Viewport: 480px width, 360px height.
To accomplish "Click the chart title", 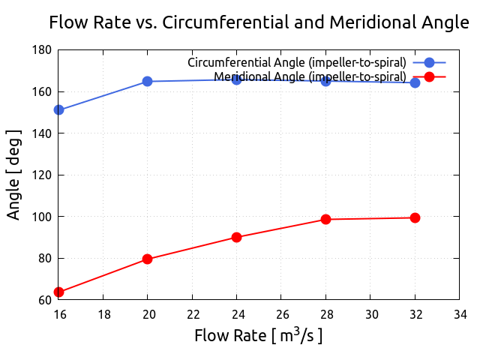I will point(259,22).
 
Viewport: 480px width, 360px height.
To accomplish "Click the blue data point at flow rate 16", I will point(58,110).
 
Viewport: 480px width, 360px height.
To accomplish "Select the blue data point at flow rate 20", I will point(148,81).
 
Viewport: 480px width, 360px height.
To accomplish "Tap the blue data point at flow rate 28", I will point(325,81).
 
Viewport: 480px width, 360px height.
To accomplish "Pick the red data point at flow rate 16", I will point(58,292).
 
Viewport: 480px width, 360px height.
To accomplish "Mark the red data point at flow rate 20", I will point(148,259).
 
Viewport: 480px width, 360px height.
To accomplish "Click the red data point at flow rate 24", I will point(236,237).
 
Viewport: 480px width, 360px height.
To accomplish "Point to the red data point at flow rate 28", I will point(325,219).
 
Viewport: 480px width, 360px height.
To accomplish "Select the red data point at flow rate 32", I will point(415,217).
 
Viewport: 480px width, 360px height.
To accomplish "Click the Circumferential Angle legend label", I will point(297,61).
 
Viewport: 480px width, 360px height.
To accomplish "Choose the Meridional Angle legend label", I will point(310,76).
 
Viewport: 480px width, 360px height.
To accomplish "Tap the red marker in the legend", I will point(429,76).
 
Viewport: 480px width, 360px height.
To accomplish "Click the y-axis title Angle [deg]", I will point(14,175).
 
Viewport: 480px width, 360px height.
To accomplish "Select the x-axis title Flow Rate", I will point(259,335).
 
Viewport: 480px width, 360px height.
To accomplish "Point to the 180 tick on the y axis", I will point(42,50).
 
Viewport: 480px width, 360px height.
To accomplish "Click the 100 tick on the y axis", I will point(42,217).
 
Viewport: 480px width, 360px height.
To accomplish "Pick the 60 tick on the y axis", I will point(45,300).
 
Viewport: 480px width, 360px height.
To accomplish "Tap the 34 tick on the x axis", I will point(459,313).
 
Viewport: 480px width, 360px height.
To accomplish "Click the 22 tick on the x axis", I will point(192,313).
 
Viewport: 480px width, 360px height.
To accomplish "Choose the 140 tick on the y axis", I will point(42,133).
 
